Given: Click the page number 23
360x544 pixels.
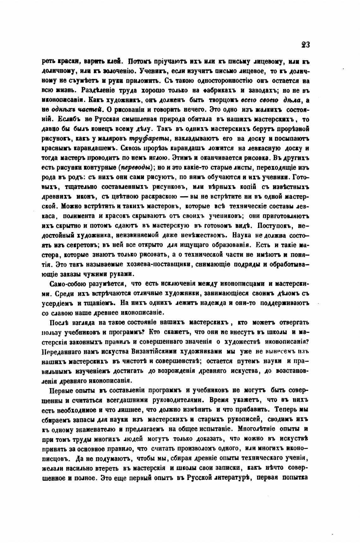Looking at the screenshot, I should [305, 45].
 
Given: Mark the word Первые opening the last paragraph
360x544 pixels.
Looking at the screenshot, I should [62, 390].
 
